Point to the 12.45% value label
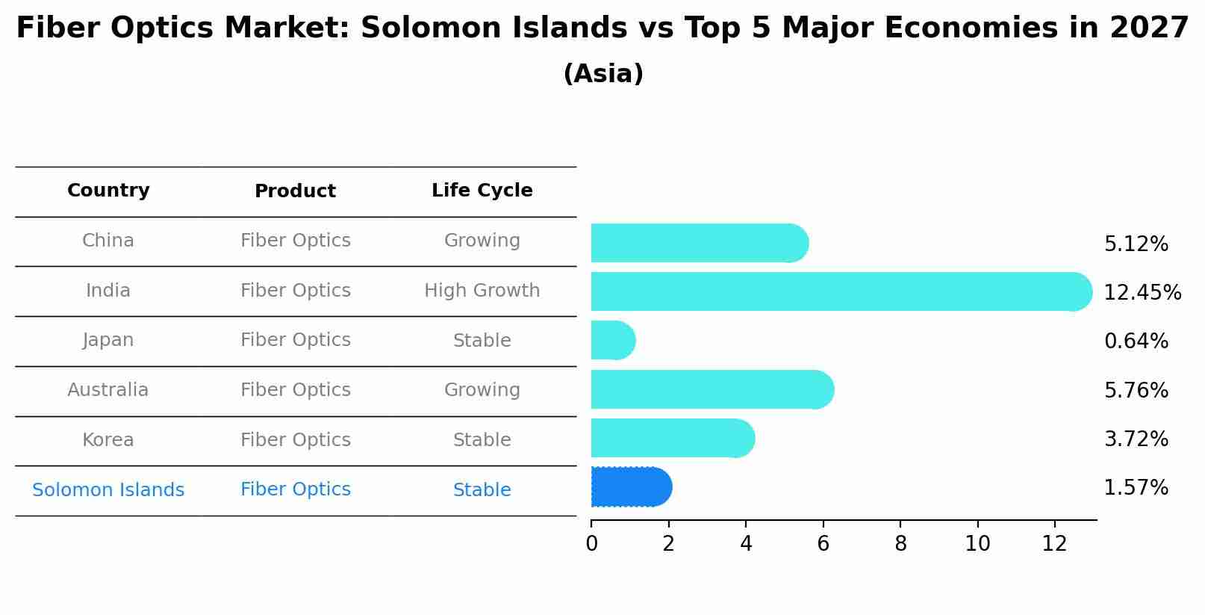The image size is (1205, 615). coord(1142,292)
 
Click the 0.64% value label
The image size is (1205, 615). coord(1136,342)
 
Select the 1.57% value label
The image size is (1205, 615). coord(1136,488)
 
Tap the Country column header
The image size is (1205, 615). coord(108,191)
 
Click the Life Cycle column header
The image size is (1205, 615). coord(482,191)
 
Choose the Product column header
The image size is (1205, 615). coord(295,191)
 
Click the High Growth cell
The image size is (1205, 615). coord(482,291)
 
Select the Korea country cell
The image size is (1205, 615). coord(108,440)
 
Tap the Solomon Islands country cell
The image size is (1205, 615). coord(108,490)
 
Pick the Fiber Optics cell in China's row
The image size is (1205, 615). coord(295,241)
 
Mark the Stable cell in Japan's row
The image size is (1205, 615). coord(482,341)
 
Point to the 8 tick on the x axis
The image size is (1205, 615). coord(900,544)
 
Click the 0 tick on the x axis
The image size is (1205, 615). coord(591,544)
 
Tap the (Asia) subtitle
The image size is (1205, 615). coord(602,74)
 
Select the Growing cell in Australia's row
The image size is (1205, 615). coord(482,390)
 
